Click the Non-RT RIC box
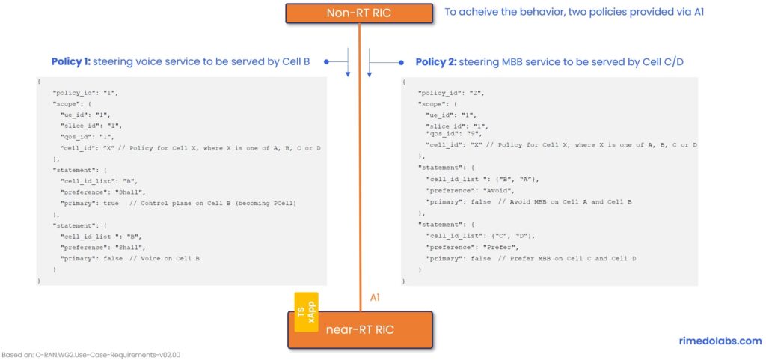[x=360, y=13]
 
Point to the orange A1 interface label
[x=376, y=298]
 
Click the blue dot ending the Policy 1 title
[x=327, y=62]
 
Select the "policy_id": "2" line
[x=452, y=93]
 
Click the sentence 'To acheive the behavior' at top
[x=574, y=13]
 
